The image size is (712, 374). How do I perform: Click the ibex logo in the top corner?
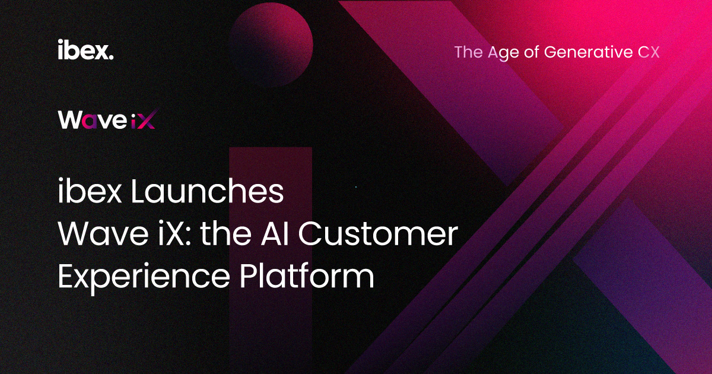(x=85, y=49)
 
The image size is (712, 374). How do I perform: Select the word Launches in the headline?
(x=207, y=191)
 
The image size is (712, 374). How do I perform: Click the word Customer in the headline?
(x=378, y=234)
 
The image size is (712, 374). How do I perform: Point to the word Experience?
(x=144, y=277)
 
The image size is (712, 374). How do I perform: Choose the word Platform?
(x=307, y=275)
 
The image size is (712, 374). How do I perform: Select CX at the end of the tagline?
(x=649, y=52)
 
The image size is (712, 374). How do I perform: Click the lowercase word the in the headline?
(x=225, y=234)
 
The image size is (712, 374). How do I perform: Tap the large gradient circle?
(x=271, y=45)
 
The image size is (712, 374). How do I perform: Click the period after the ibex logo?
(x=111, y=57)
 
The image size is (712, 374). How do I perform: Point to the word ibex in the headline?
(x=90, y=191)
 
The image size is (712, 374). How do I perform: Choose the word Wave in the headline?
(x=103, y=234)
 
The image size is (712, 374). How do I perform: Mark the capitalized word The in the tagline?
(x=469, y=52)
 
